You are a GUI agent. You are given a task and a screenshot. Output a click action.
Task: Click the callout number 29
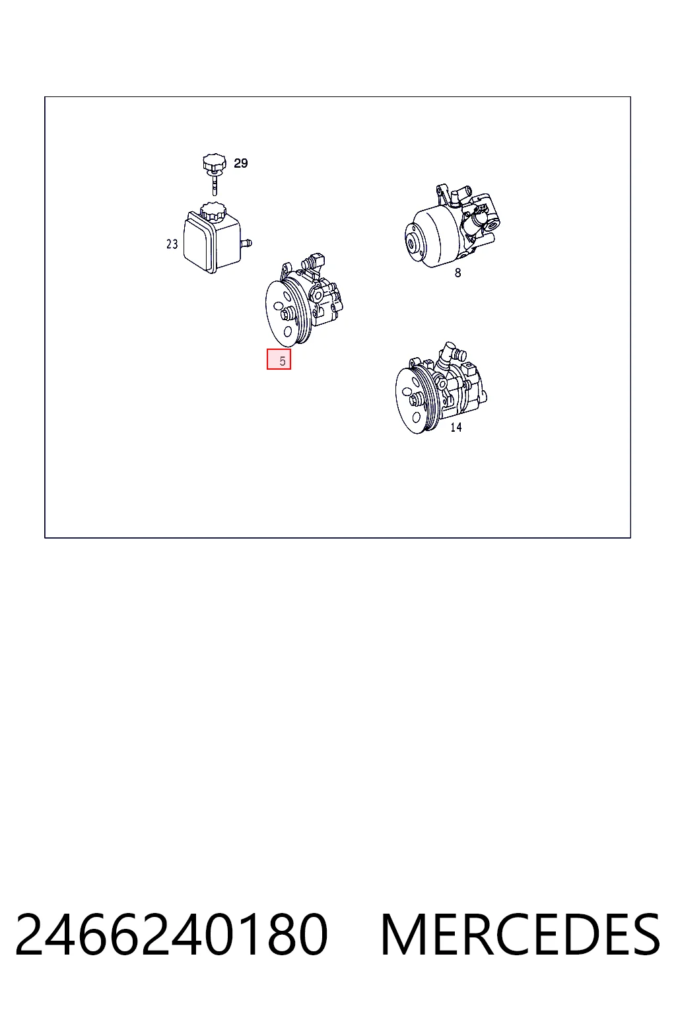[240, 163]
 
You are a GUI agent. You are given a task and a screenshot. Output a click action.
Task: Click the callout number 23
[172, 244]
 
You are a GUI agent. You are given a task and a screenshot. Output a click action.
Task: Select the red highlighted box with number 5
[279, 359]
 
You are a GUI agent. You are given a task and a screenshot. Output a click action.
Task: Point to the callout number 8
[457, 273]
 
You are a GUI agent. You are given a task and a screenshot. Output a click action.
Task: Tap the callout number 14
[456, 427]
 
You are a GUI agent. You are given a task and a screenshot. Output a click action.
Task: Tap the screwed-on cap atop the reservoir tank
[213, 211]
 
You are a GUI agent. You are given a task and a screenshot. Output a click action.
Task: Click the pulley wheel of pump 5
[285, 312]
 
